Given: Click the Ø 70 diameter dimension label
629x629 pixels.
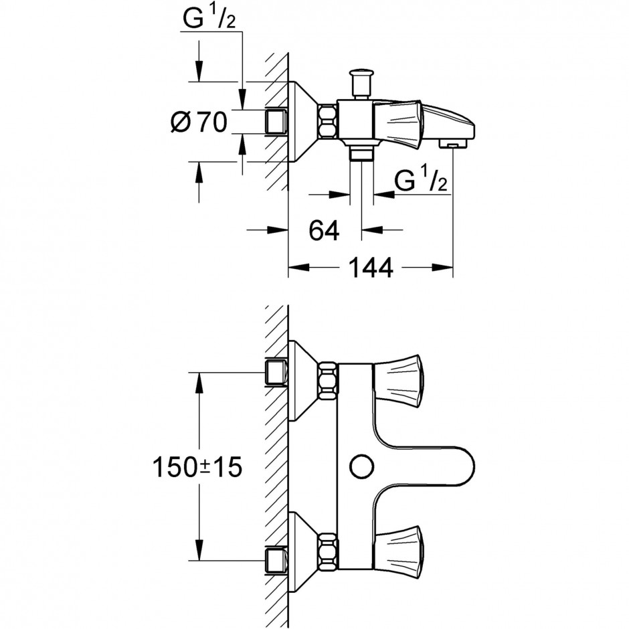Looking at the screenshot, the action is coord(199,122).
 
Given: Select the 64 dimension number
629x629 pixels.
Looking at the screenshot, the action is coord(324,230).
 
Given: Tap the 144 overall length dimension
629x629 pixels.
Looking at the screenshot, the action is coord(371,268).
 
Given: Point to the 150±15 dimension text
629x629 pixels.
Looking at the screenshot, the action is coord(197,467).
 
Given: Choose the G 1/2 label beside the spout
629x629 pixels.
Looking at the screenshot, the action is coord(420,180).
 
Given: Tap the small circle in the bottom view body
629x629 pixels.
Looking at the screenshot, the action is coord(361,467).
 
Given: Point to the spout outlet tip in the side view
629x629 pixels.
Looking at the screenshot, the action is coord(452,143).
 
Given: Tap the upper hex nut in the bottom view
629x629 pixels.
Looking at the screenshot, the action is coord(328,381).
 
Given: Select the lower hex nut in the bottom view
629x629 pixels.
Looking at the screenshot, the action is coord(328,552).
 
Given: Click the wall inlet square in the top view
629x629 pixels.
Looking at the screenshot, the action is coord(276,121).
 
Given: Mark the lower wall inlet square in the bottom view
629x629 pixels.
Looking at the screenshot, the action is coord(276,560).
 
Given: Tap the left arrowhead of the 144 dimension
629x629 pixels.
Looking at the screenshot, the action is coord(299,268).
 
